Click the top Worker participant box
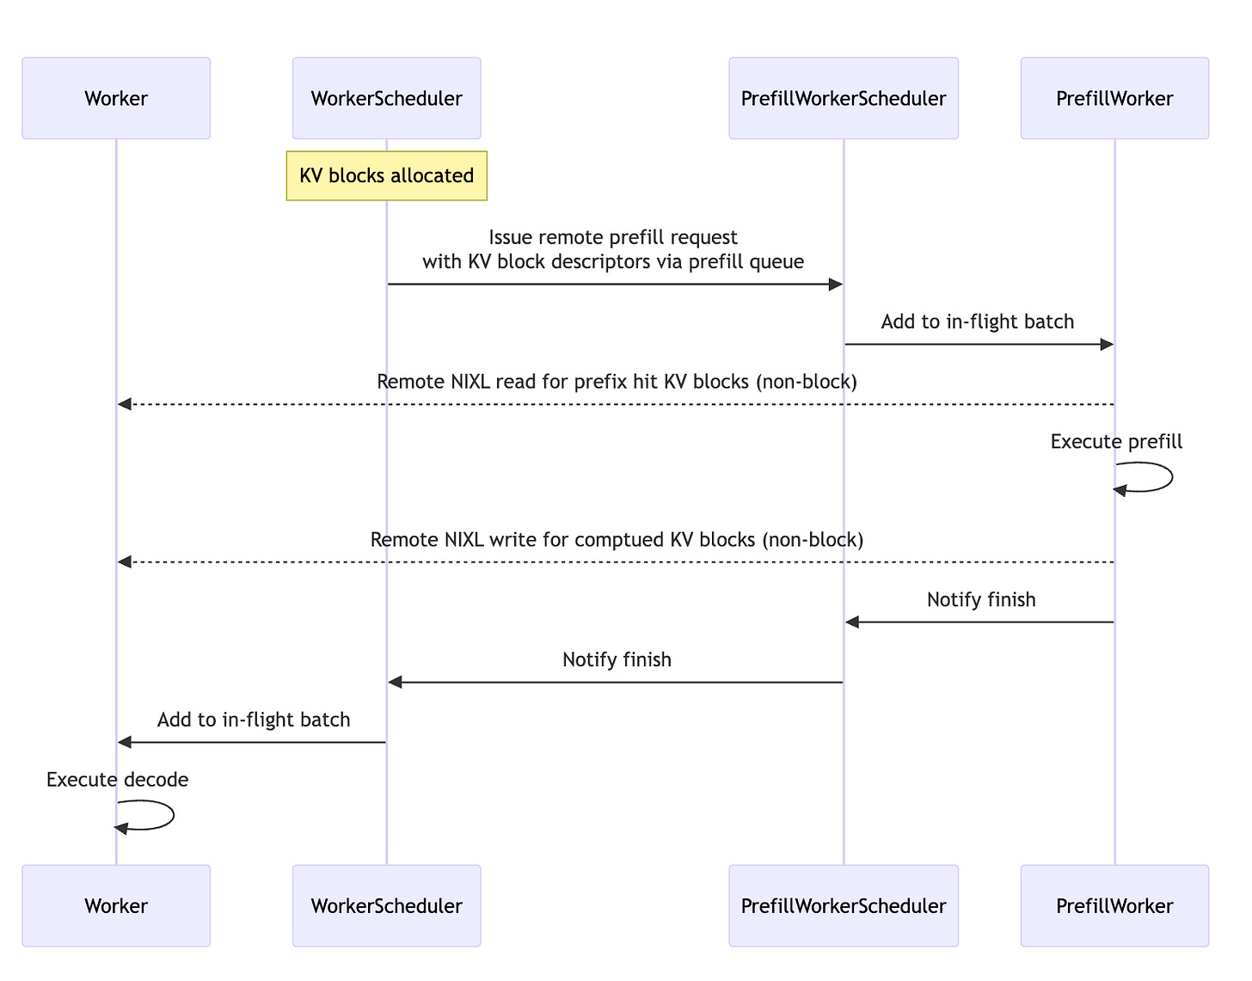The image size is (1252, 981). [116, 98]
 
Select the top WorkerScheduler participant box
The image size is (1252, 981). [386, 98]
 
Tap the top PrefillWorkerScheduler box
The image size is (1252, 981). [843, 98]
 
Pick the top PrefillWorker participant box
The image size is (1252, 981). [1114, 98]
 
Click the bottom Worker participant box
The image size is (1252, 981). [116, 905]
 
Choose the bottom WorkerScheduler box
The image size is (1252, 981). [386, 905]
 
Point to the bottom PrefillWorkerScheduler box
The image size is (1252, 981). [843, 905]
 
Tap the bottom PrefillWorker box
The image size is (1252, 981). [1114, 905]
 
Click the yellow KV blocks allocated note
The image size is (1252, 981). [386, 175]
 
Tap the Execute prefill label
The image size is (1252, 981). [1116, 442]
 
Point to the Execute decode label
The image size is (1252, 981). [117, 780]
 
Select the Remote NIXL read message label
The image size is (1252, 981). [617, 382]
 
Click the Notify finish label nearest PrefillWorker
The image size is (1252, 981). [980, 600]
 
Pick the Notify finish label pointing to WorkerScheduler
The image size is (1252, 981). [617, 659]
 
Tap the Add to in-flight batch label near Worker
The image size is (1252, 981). [254, 720]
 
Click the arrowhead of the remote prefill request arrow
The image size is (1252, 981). [835, 285]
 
